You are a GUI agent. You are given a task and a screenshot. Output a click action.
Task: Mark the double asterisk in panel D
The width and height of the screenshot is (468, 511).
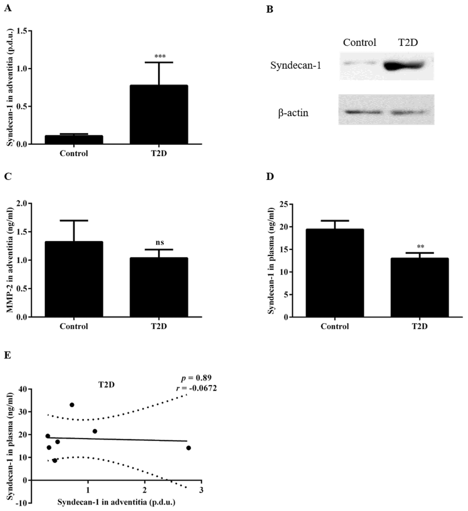pos(420,246)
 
